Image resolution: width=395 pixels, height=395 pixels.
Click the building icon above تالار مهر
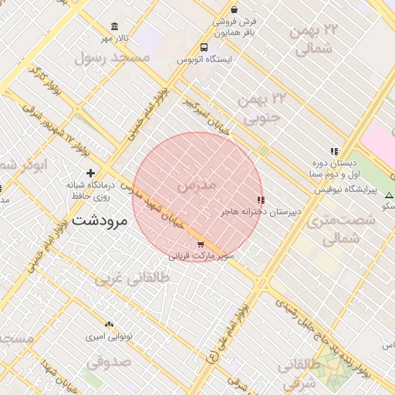115,27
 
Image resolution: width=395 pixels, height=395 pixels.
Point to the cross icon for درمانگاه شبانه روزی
91,173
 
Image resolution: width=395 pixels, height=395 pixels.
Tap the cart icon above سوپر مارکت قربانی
201,245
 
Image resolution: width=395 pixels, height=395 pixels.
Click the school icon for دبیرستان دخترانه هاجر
260,200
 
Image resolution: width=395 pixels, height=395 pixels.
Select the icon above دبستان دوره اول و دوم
333,152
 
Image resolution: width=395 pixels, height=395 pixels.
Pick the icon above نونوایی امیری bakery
109,326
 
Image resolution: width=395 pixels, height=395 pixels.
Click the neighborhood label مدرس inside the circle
193,187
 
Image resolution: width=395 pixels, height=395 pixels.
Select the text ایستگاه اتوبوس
204,59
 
